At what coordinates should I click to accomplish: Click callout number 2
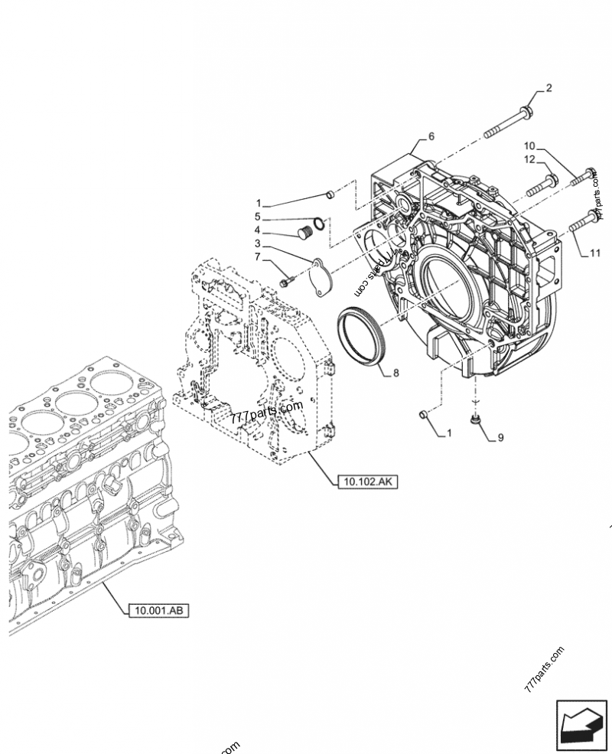(549, 89)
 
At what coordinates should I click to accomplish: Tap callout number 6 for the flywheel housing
(431, 136)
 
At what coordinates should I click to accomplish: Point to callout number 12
(528, 159)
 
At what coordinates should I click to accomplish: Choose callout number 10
(529, 145)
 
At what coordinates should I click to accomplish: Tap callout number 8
(396, 373)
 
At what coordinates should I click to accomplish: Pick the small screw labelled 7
(285, 282)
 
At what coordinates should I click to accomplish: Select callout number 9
(500, 438)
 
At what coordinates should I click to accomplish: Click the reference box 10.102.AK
(367, 481)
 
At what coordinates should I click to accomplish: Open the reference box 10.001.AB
(158, 610)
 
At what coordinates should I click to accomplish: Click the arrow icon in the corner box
(580, 722)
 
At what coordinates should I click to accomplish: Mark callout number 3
(258, 243)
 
